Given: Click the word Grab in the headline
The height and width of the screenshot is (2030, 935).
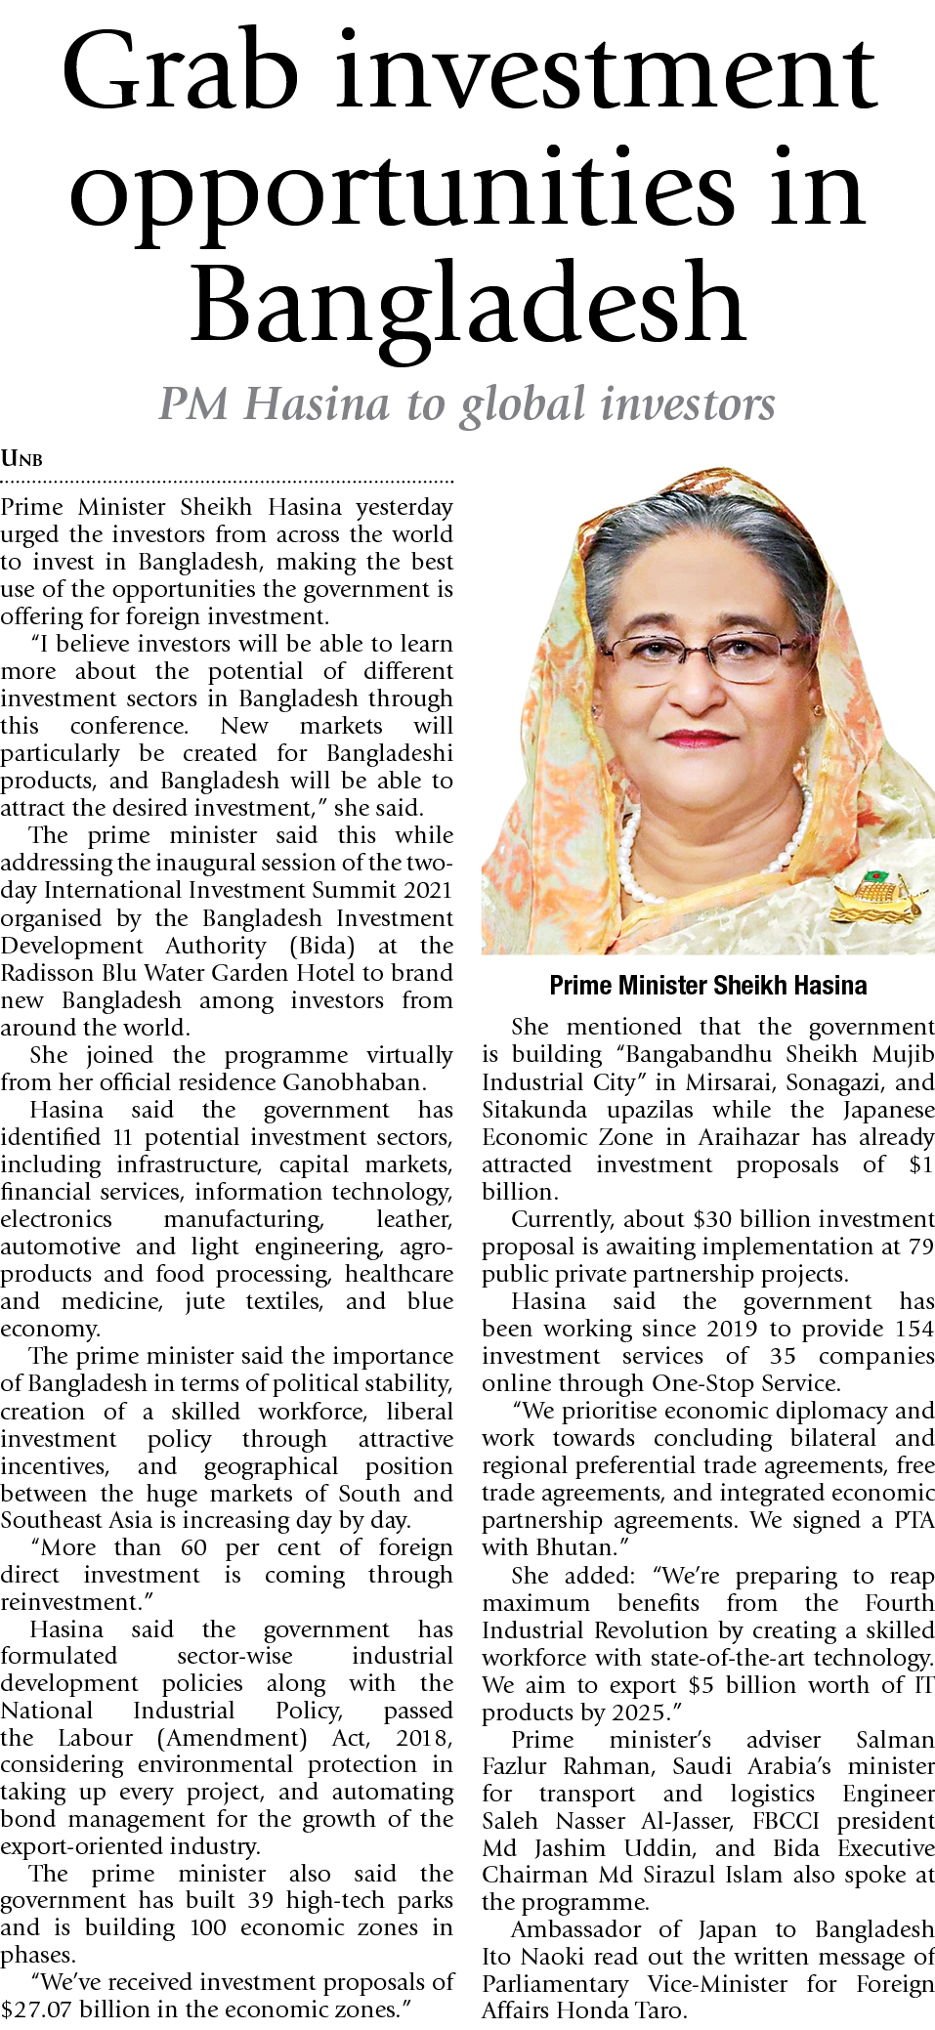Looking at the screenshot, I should click(x=181, y=73).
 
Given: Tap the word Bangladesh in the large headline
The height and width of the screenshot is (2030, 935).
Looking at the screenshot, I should click(x=468, y=305).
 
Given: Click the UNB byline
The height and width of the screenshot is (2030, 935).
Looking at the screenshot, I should click(x=21, y=458).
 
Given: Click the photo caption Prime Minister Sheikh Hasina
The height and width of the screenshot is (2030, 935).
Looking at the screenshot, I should click(x=707, y=985).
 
